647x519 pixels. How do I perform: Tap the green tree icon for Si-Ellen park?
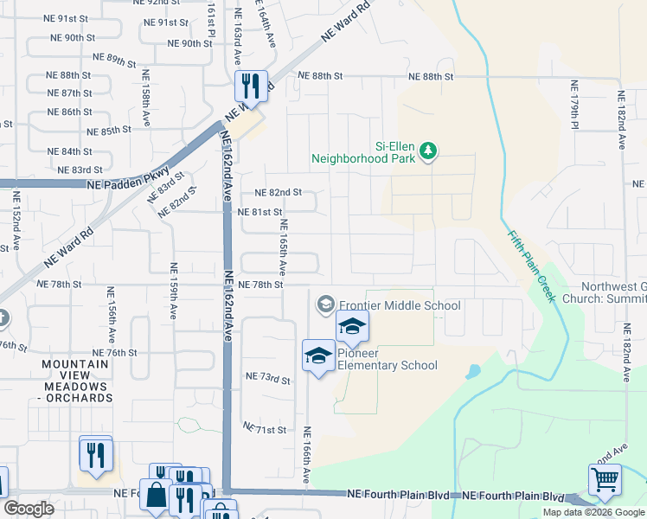tap(428, 153)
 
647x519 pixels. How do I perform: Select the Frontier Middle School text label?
tap(400, 305)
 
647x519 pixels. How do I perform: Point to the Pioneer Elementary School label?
tap(387, 359)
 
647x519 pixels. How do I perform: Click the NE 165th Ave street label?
tap(283, 246)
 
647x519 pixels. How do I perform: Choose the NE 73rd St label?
tap(267, 378)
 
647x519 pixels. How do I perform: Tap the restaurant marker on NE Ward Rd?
tap(250, 86)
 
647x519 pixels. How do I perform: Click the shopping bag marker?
tap(158, 497)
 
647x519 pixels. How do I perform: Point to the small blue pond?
tap(472, 372)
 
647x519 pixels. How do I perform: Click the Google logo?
tap(29, 508)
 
